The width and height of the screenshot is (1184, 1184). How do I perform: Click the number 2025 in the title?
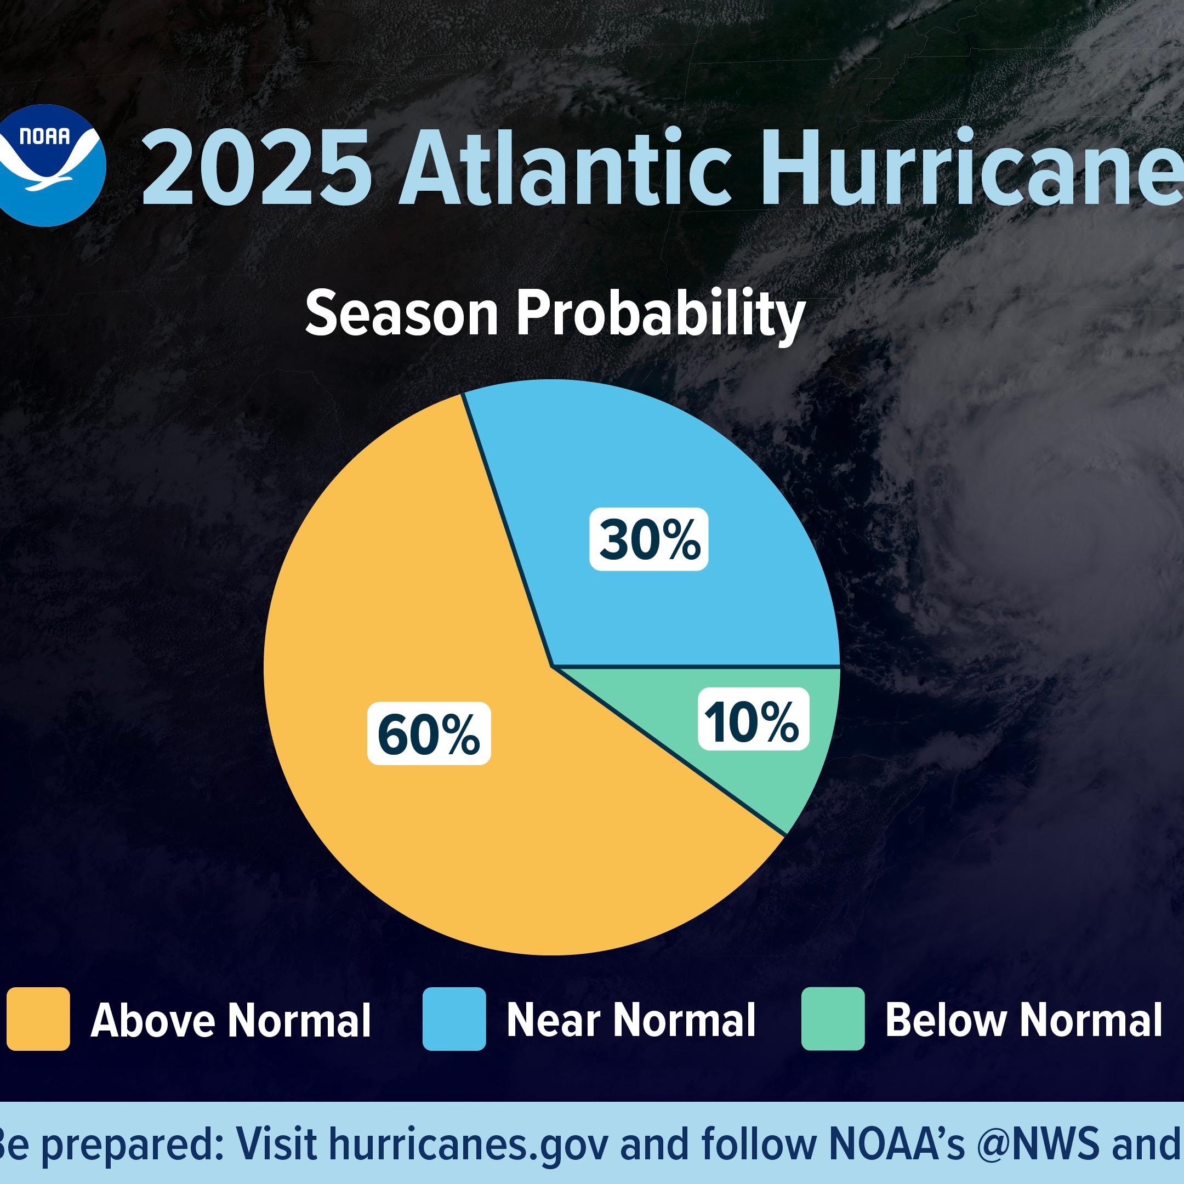point(256,167)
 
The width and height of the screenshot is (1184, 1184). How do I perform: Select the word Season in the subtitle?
point(401,313)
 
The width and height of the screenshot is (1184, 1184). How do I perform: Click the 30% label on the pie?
point(649,539)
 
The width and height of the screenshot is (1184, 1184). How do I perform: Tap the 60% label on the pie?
point(429,733)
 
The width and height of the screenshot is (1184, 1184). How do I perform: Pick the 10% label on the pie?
point(753,719)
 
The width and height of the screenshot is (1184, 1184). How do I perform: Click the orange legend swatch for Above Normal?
point(38,1019)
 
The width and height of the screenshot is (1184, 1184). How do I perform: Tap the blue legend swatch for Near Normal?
point(454,1019)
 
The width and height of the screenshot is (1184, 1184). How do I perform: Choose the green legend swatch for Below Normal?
point(833,1019)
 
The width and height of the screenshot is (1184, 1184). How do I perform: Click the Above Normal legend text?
point(231,1020)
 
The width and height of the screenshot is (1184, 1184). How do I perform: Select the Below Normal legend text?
point(1023,1020)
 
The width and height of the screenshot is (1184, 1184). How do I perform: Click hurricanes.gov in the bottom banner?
point(469,1144)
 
